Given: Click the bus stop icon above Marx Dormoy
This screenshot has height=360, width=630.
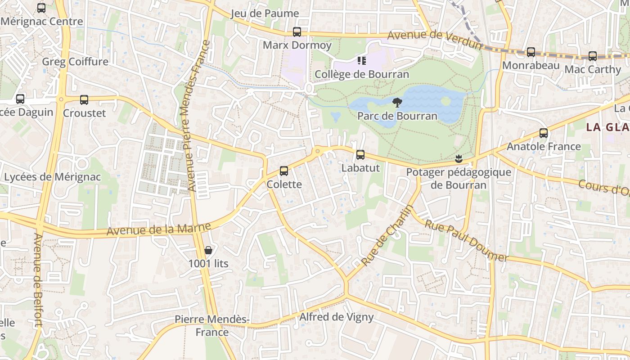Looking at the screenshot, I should pos(297,32).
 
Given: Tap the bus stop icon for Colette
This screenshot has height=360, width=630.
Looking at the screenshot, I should pos(284,171).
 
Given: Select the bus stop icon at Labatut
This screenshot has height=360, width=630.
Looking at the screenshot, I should pos(360,155).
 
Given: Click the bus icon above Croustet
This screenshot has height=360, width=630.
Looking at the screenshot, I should pos(84,100).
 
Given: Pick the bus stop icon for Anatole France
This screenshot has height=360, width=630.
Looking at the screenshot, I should pos(544,133).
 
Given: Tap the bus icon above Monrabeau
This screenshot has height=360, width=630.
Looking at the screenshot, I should pos(531,52).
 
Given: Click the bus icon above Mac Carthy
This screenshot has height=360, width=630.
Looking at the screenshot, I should pos(593,56).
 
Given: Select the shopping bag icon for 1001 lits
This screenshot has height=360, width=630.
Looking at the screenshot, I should pos(208,250).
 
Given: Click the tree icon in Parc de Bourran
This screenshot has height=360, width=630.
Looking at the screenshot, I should pos(397,103).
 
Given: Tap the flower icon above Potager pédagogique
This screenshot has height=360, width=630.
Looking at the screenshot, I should pos(459,158).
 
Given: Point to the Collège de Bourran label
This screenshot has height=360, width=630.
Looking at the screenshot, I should pos(362,74).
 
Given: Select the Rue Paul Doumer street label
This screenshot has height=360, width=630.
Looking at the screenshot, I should pos(466,241).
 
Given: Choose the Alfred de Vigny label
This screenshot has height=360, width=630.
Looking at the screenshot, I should pos(337,317).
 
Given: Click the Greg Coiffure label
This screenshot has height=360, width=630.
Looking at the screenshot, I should pos(75,62).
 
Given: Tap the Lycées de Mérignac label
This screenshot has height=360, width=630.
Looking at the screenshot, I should pos(53,177).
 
